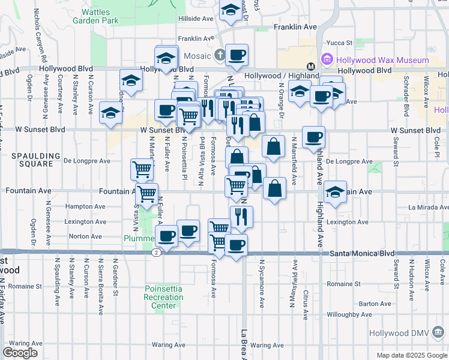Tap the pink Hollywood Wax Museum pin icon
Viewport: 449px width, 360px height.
click(327, 59)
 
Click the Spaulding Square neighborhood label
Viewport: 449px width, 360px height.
click(35, 160)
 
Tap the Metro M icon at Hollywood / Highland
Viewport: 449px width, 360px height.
click(311, 66)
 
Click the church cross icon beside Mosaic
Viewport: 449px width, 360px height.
click(220, 56)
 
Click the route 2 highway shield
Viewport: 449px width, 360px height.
click(155, 253)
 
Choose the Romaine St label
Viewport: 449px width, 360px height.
click(344, 283)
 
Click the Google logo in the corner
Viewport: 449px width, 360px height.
click(20, 352)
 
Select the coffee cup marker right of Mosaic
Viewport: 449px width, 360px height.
click(237, 55)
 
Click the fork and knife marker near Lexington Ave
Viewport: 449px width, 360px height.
click(241, 217)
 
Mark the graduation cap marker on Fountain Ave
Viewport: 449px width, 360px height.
click(336, 192)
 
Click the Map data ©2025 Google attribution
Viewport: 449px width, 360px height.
click(412, 355)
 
